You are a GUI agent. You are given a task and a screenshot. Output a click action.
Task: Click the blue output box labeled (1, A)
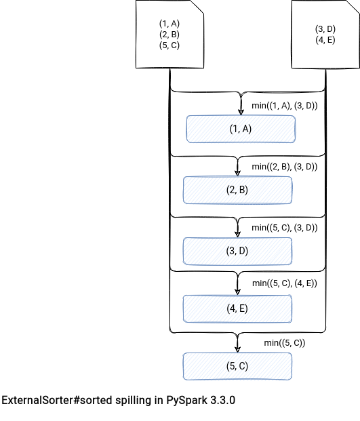click(241, 129)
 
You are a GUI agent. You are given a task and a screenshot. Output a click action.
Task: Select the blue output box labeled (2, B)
click(237, 190)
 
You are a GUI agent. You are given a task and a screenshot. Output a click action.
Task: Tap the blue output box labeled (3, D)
click(237, 251)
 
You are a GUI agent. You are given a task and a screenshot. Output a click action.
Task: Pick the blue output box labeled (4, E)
click(237, 308)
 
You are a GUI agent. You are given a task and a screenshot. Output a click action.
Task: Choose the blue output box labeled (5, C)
click(237, 366)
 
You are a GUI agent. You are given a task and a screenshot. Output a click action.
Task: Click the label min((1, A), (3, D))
click(285, 106)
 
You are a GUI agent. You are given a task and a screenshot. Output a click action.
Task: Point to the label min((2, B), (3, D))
click(285, 167)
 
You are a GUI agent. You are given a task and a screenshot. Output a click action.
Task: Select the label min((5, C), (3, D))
click(285, 227)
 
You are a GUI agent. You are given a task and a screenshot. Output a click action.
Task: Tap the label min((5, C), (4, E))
click(285, 283)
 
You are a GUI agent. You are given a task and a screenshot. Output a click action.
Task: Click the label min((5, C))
click(285, 343)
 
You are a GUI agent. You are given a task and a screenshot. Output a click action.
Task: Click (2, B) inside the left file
click(169, 35)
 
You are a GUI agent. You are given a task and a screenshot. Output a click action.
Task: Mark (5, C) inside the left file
click(169, 45)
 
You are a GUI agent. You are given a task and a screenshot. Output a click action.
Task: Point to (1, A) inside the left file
click(169, 24)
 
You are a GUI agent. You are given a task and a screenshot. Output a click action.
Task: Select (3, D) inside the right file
click(325, 29)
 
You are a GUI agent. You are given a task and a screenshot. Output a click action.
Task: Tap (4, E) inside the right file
click(325, 40)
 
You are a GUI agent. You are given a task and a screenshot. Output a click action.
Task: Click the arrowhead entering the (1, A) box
click(241, 113)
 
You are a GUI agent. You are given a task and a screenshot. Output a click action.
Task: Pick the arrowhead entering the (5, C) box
click(237, 349)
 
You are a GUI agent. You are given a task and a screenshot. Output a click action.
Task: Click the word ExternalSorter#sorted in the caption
click(58, 401)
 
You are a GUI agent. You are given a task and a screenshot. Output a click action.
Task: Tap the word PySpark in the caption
click(187, 401)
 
